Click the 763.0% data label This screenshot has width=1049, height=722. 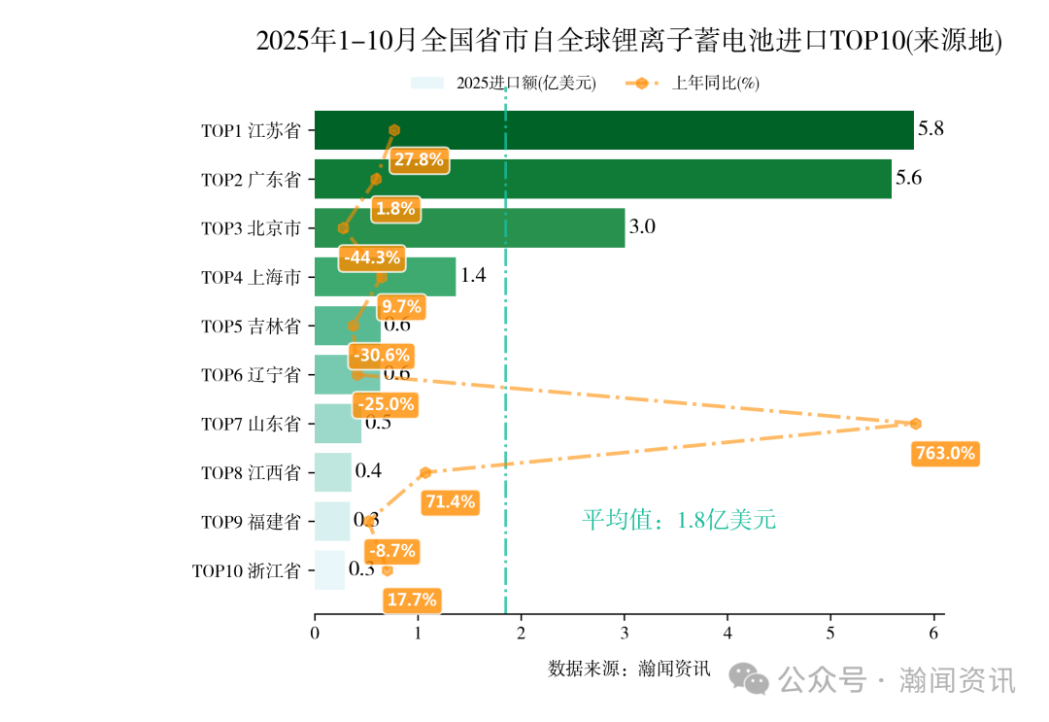944,453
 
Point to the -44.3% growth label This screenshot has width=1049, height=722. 372,258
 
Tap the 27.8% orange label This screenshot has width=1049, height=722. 420,159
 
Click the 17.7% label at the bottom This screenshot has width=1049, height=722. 412,600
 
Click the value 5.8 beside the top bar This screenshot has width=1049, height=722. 931,128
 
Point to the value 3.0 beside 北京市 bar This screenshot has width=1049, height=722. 642,227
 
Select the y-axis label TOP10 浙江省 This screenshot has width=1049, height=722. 246,571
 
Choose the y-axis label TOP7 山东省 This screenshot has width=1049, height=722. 251,425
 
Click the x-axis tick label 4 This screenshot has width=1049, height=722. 728,634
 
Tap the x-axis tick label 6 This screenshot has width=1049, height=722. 933,634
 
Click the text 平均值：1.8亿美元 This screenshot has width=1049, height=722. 679,520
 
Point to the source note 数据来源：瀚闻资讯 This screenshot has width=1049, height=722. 629,669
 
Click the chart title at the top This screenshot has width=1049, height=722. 628,41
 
